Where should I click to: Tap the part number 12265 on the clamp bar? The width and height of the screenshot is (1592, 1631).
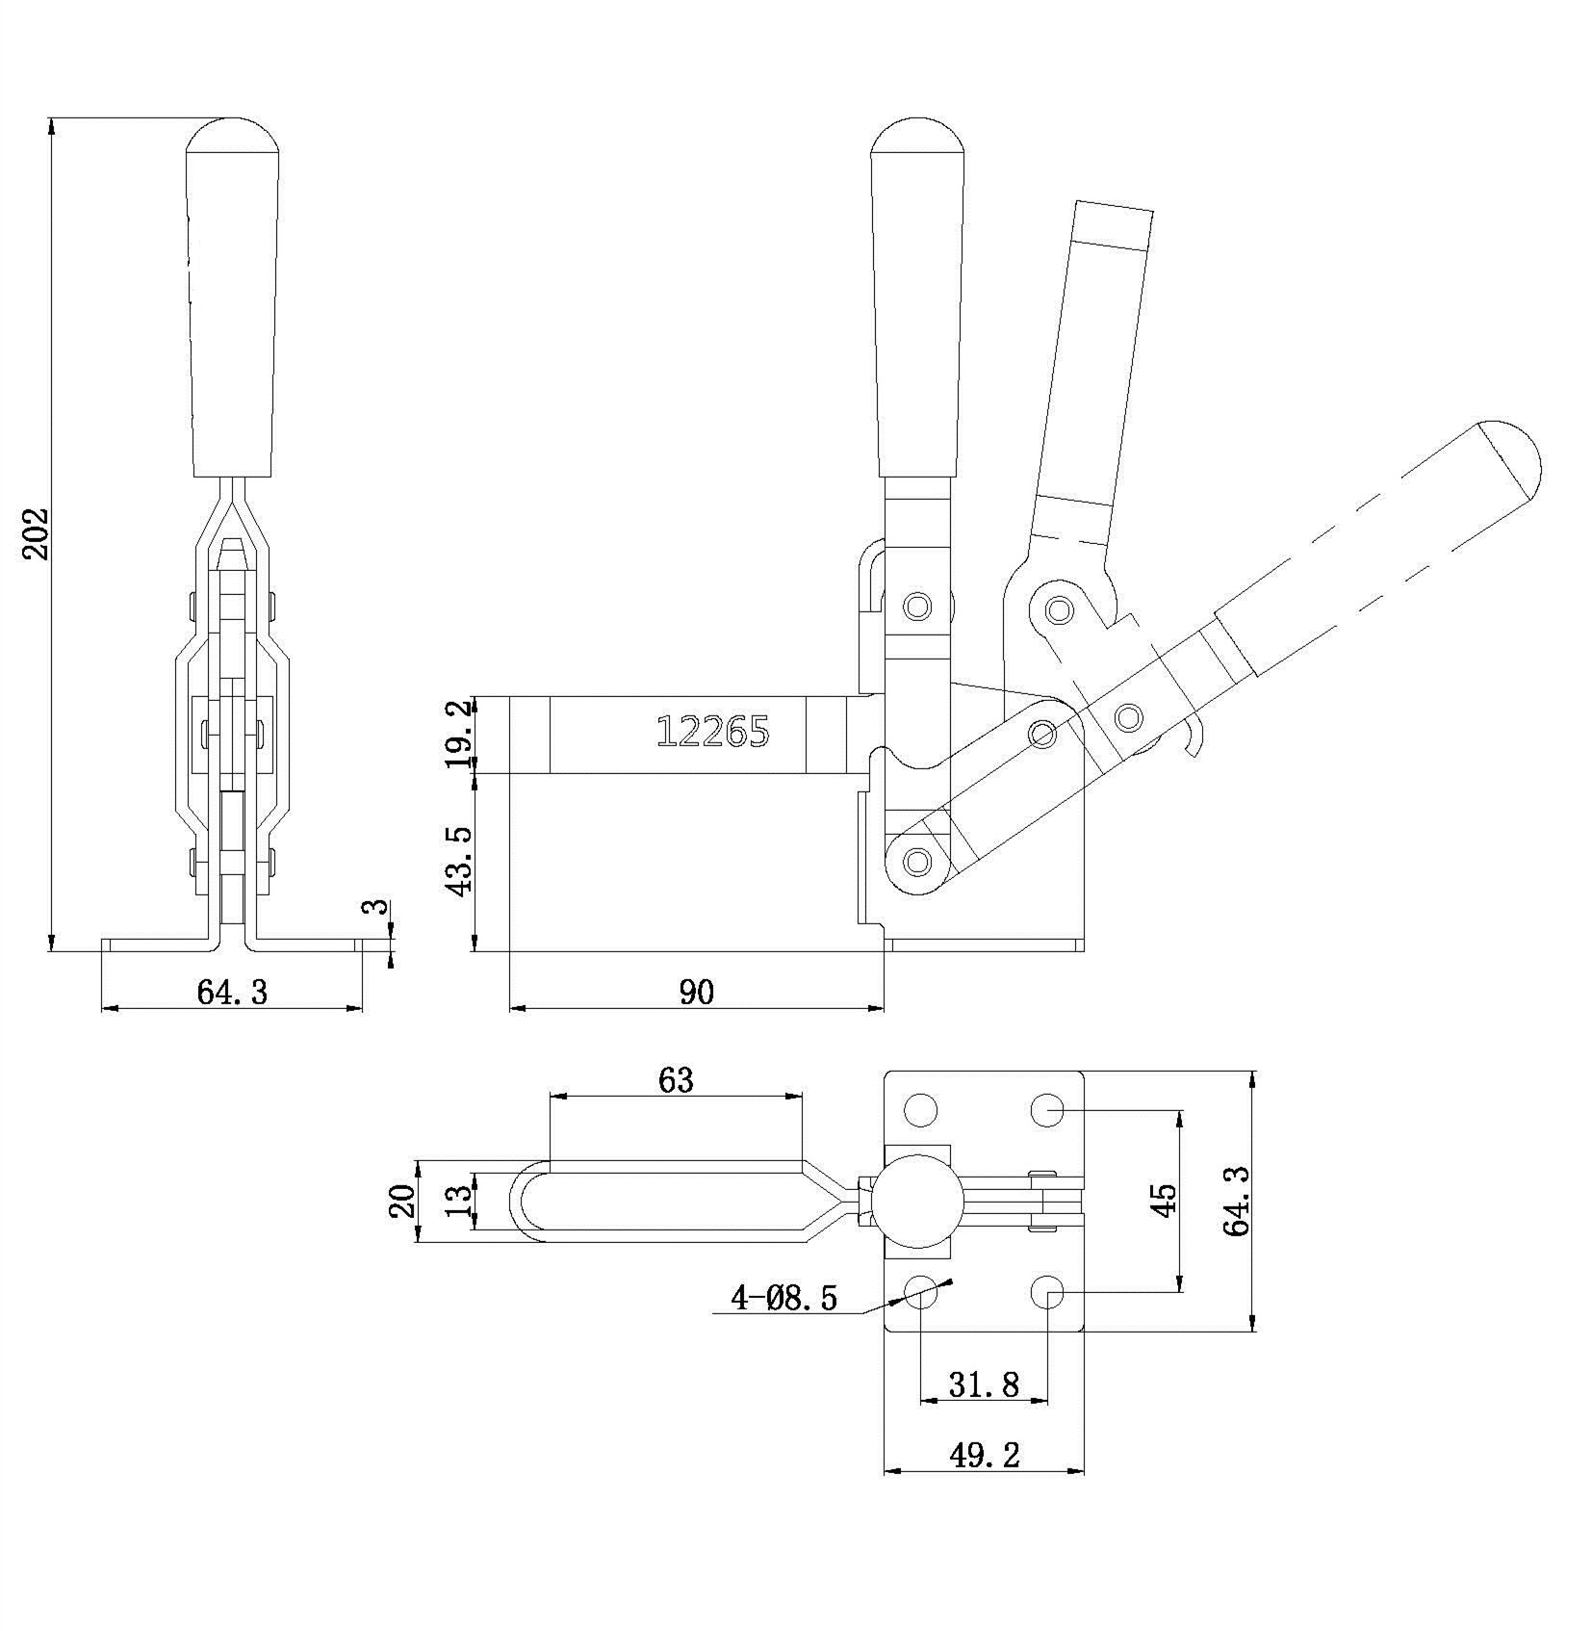point(712,733)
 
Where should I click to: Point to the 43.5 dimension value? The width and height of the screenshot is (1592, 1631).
point(460,859)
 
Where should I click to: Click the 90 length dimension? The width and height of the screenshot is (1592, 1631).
point(697,990)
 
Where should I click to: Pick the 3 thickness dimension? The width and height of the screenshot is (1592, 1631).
point(378,906)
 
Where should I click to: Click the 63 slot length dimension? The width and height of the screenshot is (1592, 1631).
point(676,1079)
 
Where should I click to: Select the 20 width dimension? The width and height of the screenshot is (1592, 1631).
point(403,1201)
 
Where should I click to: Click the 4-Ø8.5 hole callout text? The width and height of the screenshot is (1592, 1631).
point(784,1299)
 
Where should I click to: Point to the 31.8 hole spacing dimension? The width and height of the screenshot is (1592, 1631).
point(984,1385)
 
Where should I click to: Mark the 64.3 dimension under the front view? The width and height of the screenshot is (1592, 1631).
point(232,991)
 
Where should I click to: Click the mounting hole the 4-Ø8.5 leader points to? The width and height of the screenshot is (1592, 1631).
point(921,1292)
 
